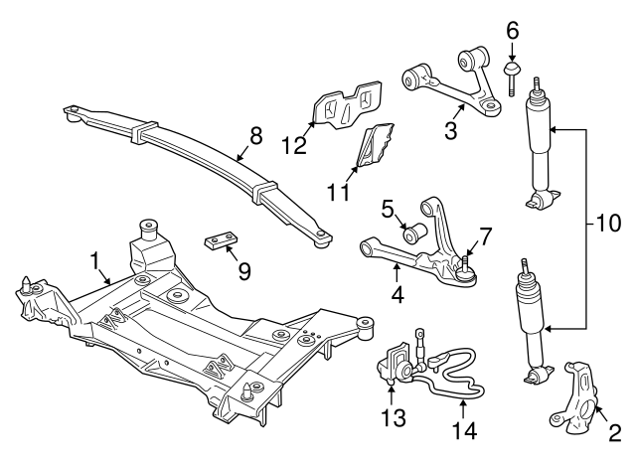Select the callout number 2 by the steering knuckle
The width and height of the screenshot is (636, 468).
tap(613, 431)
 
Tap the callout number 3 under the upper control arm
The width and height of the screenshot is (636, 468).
tap(450, 130)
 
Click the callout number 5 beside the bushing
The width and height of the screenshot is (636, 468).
tap(389, 210)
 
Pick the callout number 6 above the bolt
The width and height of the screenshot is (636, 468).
tap(513, 31)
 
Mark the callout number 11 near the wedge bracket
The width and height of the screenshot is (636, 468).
tap(338, 189)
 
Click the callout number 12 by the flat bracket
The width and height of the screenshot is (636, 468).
tap(292, 145)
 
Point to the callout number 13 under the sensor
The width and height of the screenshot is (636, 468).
tap(395, 417)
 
